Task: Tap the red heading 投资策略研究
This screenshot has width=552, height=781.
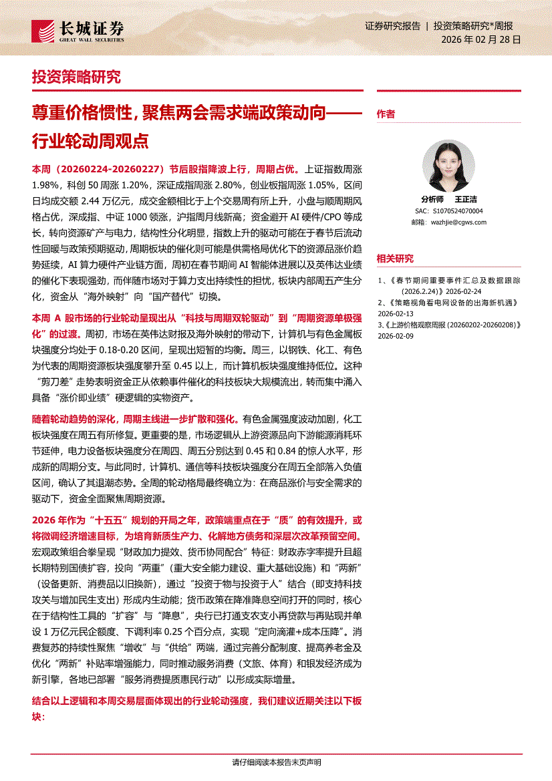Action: [x=76, y=77]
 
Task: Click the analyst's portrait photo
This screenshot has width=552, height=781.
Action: [x=448, y=166]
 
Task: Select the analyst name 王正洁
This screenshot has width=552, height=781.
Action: [x=466, y=199]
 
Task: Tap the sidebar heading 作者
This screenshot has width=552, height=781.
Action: [x=386, y=114]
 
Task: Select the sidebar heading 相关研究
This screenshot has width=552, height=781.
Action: [x=395, y=259]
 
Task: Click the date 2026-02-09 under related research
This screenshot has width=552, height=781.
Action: [x=396, y=337]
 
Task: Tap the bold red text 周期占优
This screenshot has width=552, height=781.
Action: [x=284, y=170]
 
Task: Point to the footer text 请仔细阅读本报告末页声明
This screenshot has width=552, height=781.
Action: [x=276, y=763]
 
